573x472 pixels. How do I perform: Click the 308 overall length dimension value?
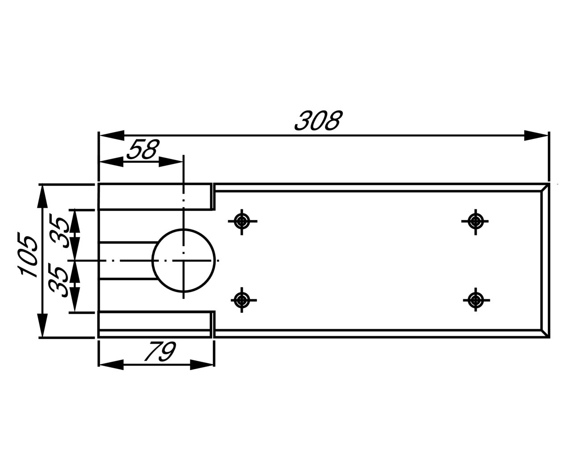coord(318,121)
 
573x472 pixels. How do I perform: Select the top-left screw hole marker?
coord(242,220)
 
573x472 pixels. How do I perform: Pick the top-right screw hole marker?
coord(476,221)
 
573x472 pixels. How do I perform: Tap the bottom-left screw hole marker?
coord(242,300)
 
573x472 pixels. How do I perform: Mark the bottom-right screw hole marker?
coord(476,299)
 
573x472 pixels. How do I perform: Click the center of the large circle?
coord(183,260)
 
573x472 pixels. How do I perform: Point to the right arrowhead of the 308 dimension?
coord(536,135)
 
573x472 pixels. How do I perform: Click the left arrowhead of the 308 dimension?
coord(111,135)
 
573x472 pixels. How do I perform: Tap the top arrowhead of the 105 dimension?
coord(42,197)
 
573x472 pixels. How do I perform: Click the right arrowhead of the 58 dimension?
coord(171,162)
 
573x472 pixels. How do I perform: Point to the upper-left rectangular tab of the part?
coord(155,197)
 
